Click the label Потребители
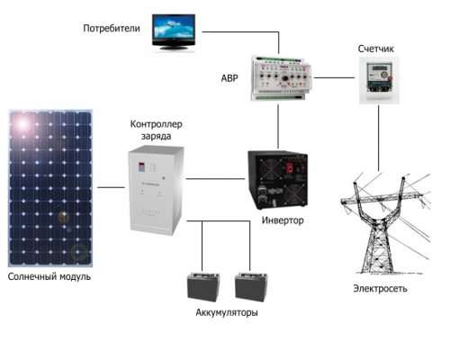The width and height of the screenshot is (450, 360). pyautogui.click(x=112, y=28)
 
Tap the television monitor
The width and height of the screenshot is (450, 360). pyautogui.click(x=174, y=31)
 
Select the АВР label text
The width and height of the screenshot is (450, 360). pyautogui.click(x=229, y=78)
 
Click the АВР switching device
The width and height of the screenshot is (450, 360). pyautogui.click(x=282, y=78)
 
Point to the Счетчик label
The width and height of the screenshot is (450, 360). pyautogui.click(x=375, y=49)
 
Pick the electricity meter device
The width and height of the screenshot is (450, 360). pyautogui.click(x=379, y=80)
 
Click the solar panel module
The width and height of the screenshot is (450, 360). pyautogui.click(x=50, y=188)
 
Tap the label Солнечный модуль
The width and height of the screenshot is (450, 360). pyautogui.click(x=49, y=276)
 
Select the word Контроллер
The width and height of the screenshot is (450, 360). pyautogui.click(x=156, y=124)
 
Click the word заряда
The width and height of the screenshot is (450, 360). pyautogui.click(x=156, y=136)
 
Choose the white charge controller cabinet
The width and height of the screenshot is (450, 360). pyautogui.click(x=156, y=190)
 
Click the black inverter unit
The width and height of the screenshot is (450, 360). pyautogui.click(x=277, y=180)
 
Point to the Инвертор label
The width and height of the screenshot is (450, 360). pyautogui.click(x=283, y=220)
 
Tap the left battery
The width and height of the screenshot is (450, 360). pyautogui.click(x=203, y=286)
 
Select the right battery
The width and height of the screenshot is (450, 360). pyautogui.click(x=251, y=286)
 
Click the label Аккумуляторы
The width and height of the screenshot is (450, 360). pyautogui.click(x=227, y=312)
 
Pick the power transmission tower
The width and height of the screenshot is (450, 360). pyautogui.click(x=385, y=223)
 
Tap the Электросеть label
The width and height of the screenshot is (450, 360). pyautogui.click(x=380, y=288)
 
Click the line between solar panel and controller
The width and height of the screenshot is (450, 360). pyautogui.click(x=111, y=187)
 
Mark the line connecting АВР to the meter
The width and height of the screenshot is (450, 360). pyautogui.click(x=334, y=77)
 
